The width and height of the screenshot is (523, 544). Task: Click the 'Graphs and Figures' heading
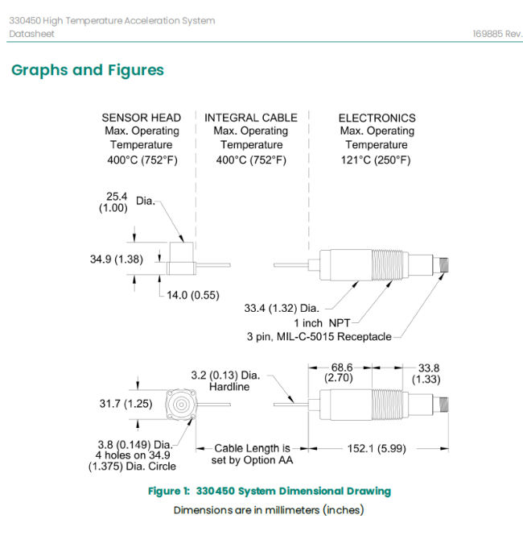(x=88, y=70)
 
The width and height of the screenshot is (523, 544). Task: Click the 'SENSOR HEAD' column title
(x=141, y=118)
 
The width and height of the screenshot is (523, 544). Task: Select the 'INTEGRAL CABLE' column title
(x=250, y=118)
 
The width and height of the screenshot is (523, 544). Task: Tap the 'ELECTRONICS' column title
(x=377, y=118)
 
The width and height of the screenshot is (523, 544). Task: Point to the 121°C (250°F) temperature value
(x=377, y=160)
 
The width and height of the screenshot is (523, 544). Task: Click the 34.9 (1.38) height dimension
(x=116, y=260)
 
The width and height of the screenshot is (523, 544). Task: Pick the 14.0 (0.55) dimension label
(x=192, y=295)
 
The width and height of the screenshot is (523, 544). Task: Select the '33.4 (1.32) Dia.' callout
(x=282, y=308)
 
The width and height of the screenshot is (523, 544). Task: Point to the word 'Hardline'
(x=229, y=387)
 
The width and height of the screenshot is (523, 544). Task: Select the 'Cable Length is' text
(x=252, y=448)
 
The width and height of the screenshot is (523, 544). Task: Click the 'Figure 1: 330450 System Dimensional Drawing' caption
(x=270, y=491)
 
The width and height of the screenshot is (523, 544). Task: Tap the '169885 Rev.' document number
(x=497, y=34)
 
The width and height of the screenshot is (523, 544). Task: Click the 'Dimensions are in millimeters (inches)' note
(x=269, y=510)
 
